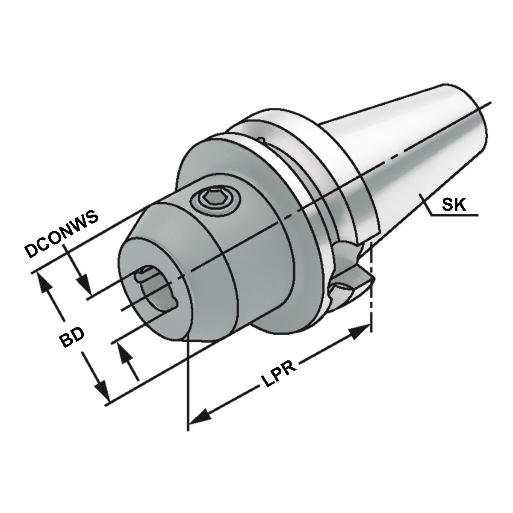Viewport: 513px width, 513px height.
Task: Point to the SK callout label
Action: pyautogui.click(x=454, y=206)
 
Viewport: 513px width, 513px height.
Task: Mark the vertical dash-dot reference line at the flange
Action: pyautogui.click(x=371, y=291)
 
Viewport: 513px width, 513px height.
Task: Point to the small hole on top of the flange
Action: pyautogui.click(x=261, y=139)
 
